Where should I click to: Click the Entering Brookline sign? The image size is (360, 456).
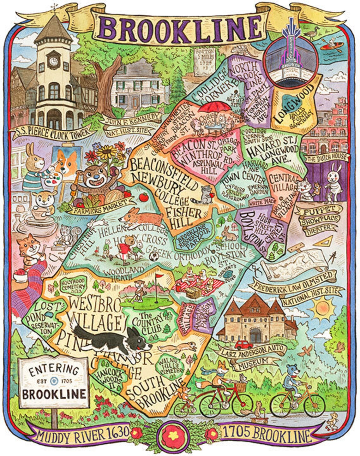pos(53,382)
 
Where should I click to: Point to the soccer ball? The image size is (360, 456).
pos(154,256)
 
